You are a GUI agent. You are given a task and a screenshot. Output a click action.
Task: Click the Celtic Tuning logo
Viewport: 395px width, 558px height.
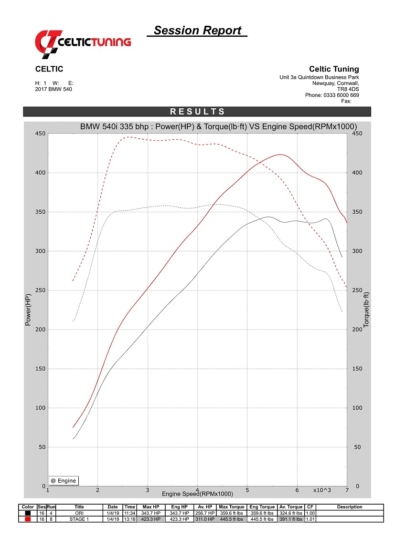[83, 41]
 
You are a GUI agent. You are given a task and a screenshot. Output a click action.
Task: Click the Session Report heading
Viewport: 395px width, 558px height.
[197, 31]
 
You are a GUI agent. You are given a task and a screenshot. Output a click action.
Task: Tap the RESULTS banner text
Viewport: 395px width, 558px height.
[197, 112]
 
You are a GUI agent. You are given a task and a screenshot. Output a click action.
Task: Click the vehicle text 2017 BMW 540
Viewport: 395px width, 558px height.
[53, 89]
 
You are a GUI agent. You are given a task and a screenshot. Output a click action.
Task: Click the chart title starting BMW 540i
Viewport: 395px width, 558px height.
[218, 126]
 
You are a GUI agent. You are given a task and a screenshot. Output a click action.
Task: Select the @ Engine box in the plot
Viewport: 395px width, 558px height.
[64, 481]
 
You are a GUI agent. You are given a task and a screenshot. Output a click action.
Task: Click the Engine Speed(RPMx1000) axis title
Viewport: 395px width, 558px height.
[197, 494]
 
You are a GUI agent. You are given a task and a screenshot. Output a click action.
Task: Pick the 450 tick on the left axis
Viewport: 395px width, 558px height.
[40, 134]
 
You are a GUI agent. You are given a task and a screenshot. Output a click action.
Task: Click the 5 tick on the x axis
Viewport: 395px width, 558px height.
[247, 490]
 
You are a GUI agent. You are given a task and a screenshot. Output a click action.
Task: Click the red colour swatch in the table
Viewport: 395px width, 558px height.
[28, 519]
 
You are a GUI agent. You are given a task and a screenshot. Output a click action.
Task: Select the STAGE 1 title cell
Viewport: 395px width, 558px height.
[79, 519]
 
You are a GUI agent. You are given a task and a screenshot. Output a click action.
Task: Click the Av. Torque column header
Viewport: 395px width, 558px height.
[290, 507]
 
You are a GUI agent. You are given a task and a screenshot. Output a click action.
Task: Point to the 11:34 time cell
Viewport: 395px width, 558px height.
[129, 513]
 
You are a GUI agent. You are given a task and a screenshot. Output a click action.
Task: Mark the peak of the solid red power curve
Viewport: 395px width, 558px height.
[280, 154]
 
